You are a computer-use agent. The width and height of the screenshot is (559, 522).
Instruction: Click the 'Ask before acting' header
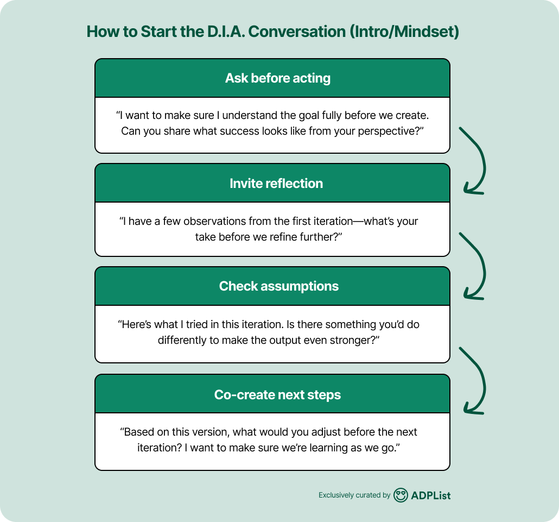pos(277,78)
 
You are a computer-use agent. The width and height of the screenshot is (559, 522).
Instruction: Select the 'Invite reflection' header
pos(276,184)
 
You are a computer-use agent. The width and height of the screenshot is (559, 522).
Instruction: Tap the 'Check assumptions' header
pos(278,286)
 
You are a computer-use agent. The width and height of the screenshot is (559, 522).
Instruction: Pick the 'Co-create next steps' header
pos(277,395)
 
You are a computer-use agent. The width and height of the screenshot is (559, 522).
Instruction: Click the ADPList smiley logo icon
pos(401,495)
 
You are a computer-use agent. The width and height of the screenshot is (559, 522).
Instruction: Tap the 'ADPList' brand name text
pos(431,495)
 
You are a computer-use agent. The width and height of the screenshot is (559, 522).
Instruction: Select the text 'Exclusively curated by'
pos(354,495)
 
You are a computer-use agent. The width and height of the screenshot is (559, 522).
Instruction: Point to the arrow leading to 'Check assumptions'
pos(474,266)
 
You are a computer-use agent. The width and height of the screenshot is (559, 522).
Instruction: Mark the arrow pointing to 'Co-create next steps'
pos(474,380)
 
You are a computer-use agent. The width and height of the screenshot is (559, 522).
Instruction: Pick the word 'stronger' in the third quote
pos(353,340)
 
